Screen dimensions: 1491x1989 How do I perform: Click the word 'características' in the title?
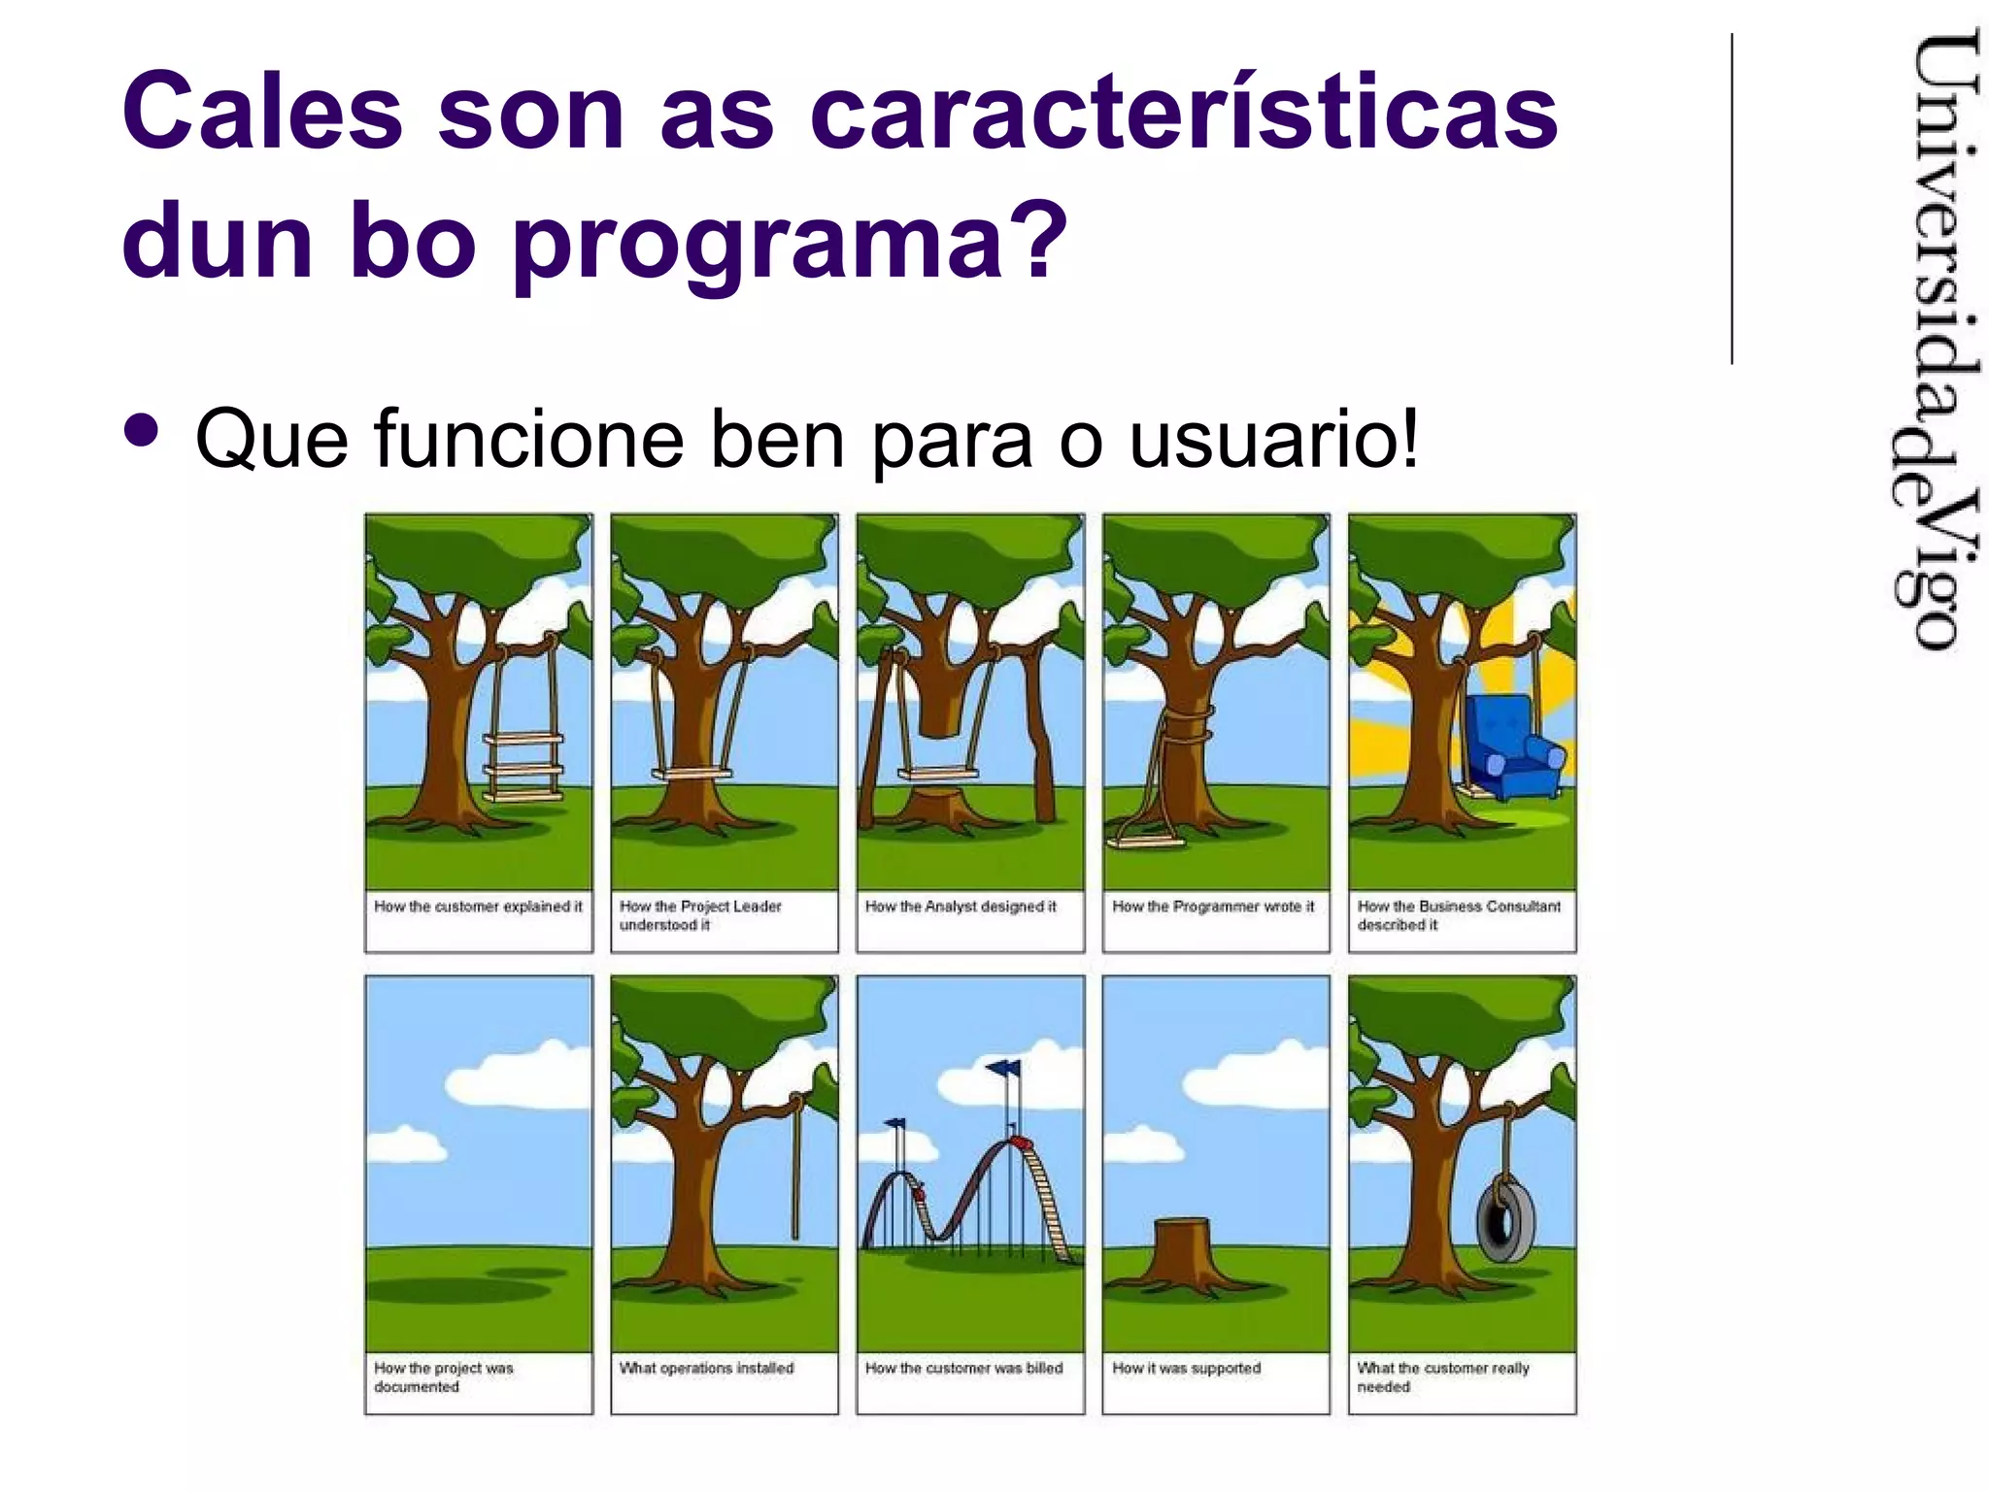(x=1183, y=113)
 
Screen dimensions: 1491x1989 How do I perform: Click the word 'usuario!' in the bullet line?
(x=1273, y=440)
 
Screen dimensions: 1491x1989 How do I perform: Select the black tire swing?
(x=1504, y=1218)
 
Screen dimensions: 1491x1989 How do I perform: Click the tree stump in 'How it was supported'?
(x=1192, y=1254)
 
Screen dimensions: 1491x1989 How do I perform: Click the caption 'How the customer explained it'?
(x=478, y=907)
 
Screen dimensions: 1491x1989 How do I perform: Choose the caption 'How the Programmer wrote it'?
(x=1213, y=907)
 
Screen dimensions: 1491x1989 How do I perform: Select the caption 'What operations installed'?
(x=706, y=1369)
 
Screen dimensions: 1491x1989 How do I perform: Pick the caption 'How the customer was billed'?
(x=963, y=1369)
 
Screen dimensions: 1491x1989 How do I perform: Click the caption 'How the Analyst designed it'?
(x=961, y=907)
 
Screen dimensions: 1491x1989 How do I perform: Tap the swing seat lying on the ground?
(x=1146, y=840)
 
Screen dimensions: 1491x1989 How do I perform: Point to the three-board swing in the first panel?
(x=524, y=767)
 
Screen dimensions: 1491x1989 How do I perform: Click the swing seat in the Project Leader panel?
(x=691, y=774)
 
